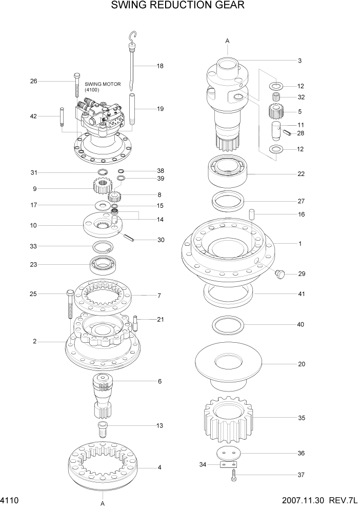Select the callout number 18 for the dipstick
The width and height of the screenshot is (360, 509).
[x=160, y=66]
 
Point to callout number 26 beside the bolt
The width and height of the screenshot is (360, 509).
[x=34, y=81]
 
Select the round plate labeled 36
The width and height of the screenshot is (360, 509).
[x=229, y=454]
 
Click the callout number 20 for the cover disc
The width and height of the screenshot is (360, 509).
[x=302, y=364]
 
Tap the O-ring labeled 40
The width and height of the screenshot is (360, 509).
[x=228, y=325]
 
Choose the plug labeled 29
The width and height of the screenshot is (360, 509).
[x=279, y=275]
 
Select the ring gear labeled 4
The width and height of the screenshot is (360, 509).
[x=103, y=464]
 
